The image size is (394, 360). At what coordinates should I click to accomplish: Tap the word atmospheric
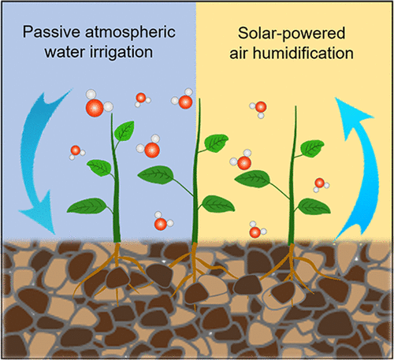tap(130, 33)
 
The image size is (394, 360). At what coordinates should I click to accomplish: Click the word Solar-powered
tap(292, 34)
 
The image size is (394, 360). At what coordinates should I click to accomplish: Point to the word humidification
tap(303, 53)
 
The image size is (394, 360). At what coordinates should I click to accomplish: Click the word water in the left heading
tap(65, 53)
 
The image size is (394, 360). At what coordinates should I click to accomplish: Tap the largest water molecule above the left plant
tap(98, 103)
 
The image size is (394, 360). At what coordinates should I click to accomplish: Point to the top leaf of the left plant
tap(124, 131)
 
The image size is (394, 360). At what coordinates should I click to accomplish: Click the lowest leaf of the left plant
tap(87, 206)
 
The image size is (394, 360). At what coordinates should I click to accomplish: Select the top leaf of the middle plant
tap(216, 143)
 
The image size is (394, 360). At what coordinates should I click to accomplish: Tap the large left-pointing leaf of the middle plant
tap(156, 175)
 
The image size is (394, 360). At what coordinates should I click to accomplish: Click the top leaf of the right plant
tap(312, 148)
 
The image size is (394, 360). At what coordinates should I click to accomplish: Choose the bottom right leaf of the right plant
tap(314, 206)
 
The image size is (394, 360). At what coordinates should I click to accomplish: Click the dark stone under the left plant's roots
tap(117, 278)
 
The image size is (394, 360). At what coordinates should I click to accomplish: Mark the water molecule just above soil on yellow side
tap(256, 230)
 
